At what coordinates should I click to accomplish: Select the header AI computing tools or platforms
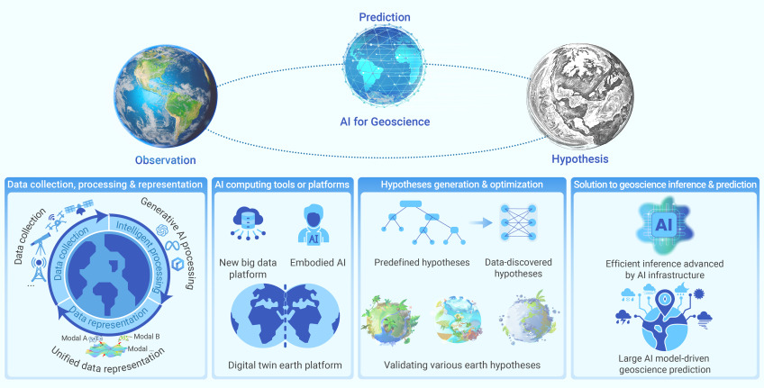click(281, 185)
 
